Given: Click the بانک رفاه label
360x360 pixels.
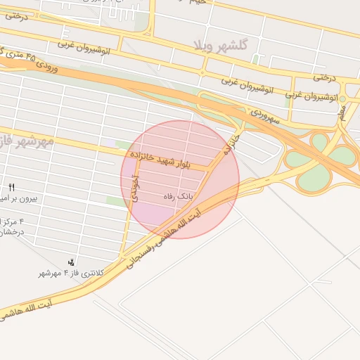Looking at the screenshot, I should pyautogui.click(x=177, y=195).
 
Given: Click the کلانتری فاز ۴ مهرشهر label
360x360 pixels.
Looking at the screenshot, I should pyautogui.click(x=71, y=272).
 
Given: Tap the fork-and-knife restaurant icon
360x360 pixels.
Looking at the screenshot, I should pyautogui.click(x=11, y=187).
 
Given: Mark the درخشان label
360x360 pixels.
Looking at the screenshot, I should pyautogui.click(x=11, y=231).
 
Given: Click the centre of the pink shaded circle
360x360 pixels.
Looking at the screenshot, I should pyautogui.click(x=180, y=179).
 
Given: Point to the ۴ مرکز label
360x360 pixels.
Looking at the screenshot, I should pyautogui.click(x=16, y=221).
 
